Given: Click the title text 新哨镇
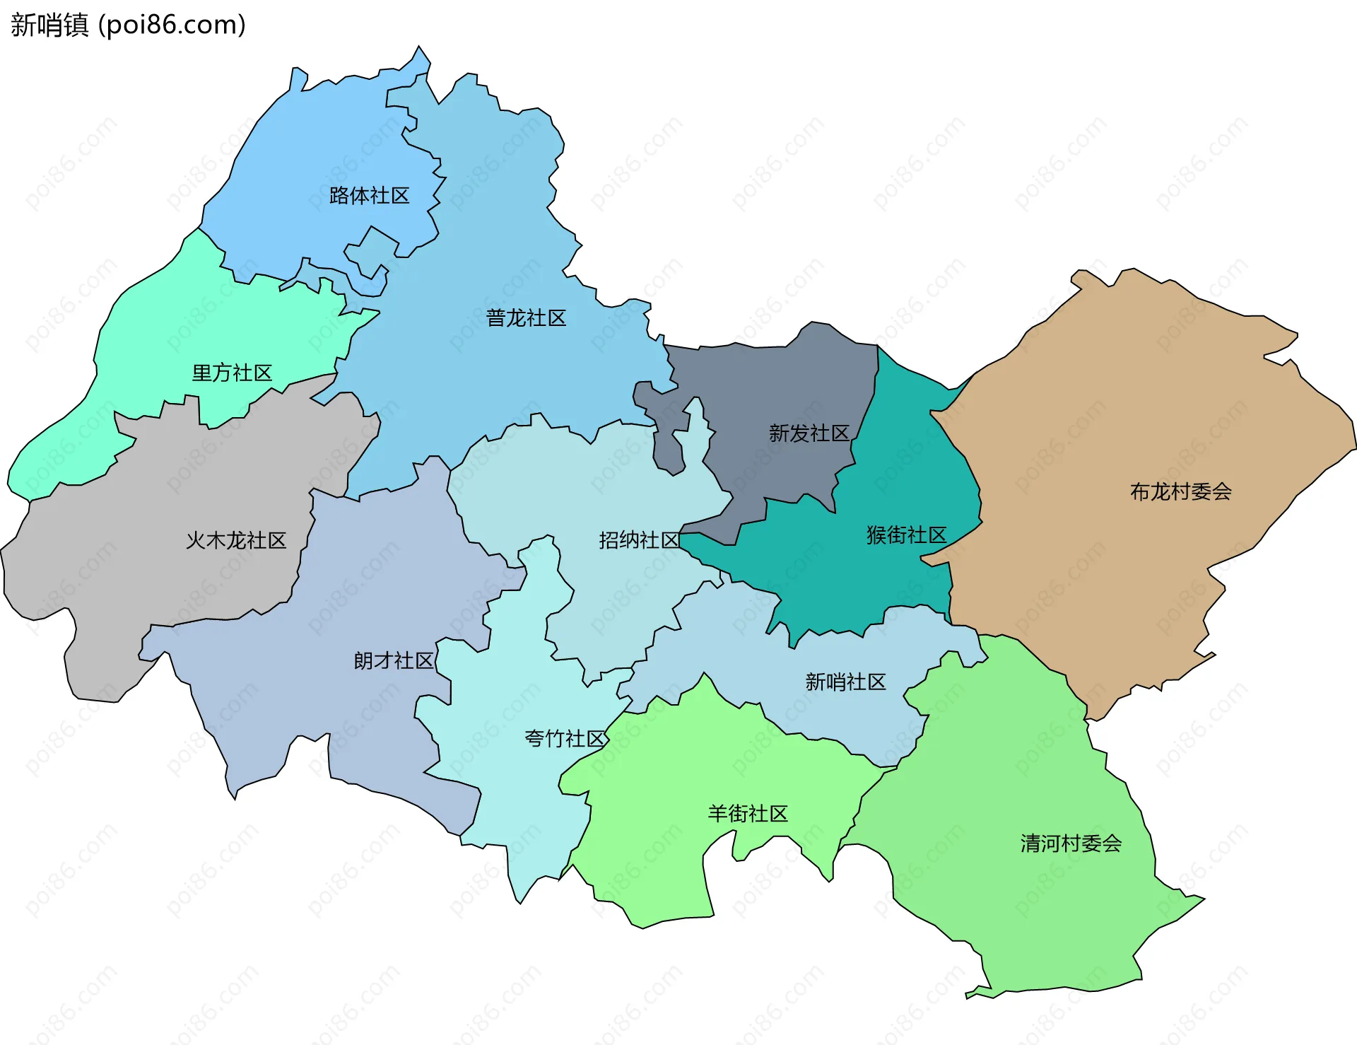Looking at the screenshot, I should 49,25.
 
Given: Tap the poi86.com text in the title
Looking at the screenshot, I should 172,25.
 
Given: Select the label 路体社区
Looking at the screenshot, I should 369,196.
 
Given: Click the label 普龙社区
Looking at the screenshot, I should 526,318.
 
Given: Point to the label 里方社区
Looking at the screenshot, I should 232,373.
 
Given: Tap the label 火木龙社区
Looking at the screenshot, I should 235,541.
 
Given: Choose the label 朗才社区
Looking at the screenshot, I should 393,661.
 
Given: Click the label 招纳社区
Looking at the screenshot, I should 639,540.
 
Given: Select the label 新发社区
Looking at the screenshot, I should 809,433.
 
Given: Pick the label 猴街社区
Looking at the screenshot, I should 906,535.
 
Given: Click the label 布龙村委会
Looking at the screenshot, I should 1180,491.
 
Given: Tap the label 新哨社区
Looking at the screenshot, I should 845,682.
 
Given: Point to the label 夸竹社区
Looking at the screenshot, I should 564,739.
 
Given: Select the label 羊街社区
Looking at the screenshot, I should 748,814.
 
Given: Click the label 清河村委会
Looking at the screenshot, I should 1071,843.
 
